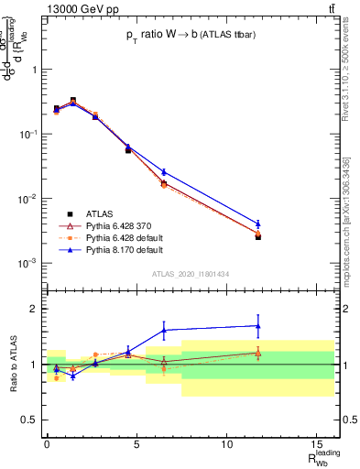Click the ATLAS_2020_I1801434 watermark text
[x=191, y=273]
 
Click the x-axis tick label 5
[x=137, y=445]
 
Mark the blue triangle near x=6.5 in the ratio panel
[x=164, y=330]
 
